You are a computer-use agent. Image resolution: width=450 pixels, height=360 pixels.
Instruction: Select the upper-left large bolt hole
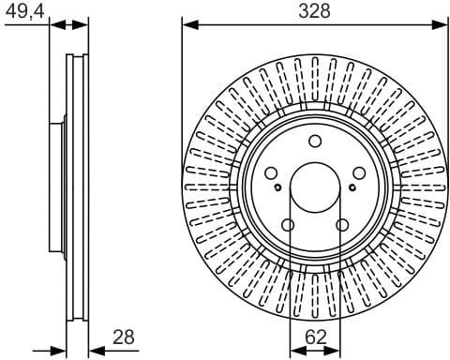point(270,173)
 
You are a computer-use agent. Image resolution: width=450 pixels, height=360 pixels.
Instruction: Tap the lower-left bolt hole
point(288,225)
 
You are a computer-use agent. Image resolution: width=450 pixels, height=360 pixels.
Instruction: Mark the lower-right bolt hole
point(343,225)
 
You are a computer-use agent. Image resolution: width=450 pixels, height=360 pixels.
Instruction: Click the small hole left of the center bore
point(278,187)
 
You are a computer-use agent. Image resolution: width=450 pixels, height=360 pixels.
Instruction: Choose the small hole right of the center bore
point(352,187)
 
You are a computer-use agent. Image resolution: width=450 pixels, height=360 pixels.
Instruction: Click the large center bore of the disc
point(315,187)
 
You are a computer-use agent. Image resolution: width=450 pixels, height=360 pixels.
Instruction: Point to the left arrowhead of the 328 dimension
point(187,22)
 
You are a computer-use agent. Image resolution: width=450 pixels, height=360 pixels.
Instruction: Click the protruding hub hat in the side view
point(55,187)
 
